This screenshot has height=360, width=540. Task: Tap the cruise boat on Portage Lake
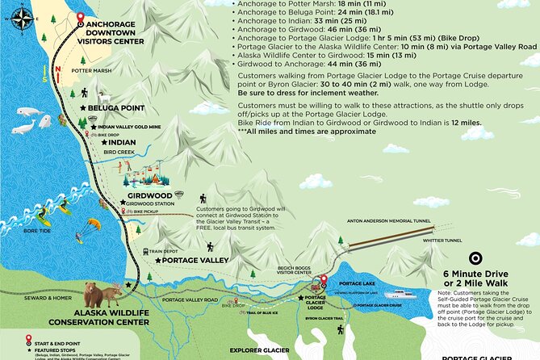click(x=400, y=295)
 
